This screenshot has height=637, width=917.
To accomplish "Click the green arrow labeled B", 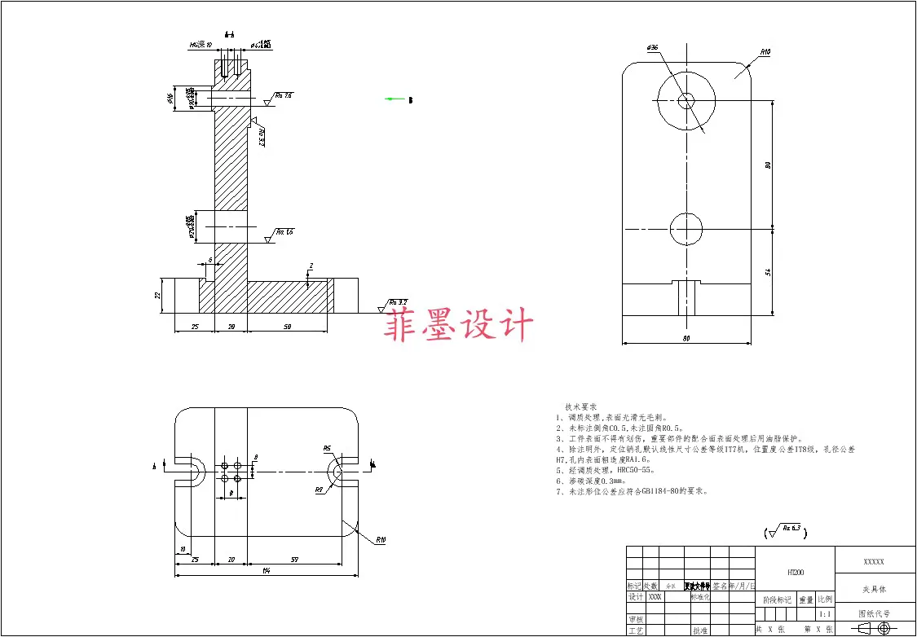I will point(396,99).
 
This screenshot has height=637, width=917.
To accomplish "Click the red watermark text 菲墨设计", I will point(460,323).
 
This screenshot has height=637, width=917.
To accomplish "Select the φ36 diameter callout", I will point(652,48).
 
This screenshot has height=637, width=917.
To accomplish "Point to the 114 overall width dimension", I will point(267,570).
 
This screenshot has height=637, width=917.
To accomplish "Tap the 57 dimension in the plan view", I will point(294,560).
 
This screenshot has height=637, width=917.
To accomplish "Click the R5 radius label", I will point(327,448).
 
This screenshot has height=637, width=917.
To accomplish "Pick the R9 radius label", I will point(320,490).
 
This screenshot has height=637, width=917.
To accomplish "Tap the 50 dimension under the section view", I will point(288,326).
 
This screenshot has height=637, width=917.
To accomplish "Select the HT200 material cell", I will point(796,573).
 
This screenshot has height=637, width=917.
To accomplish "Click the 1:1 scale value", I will point(826,614).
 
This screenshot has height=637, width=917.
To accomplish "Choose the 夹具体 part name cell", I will point(875,589).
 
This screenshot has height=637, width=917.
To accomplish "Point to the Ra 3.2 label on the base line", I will point(398,302).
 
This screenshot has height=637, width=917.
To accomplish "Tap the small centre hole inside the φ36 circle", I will point(686,100).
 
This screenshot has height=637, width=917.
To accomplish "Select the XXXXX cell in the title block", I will point(874,562).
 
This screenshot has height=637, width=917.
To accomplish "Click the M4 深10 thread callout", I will point(201,46).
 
